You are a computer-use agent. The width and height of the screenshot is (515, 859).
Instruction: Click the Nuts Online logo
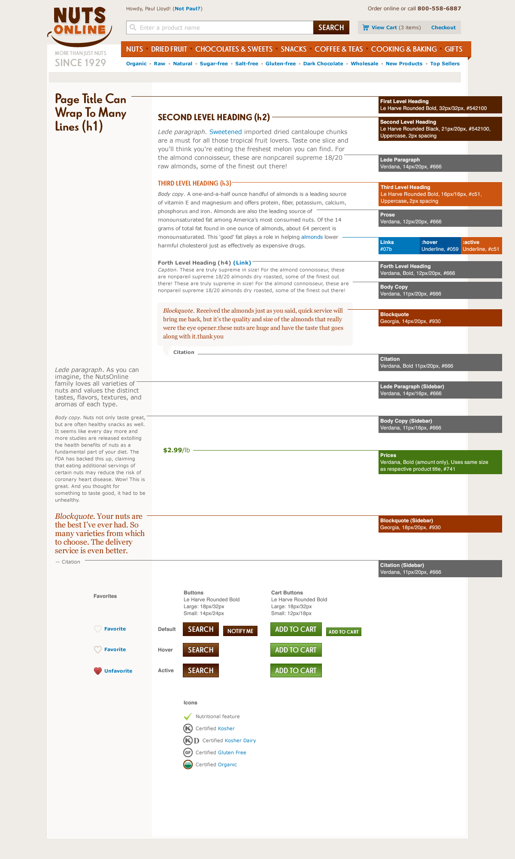tap(80, 26)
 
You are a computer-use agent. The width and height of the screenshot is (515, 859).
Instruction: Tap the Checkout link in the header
tap(443, 27)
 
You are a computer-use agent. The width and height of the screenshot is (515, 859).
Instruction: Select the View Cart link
tap(384, 27)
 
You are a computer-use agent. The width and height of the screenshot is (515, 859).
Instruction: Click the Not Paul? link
tap(188, 9)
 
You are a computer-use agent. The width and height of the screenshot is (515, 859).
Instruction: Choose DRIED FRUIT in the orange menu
tap(169, 49)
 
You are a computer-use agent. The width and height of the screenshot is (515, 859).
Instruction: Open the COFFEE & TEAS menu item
tap(339, 49)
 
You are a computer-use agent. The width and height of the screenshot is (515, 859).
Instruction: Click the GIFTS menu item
tap(453, 49)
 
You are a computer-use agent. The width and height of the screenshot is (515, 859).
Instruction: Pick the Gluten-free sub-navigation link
tap(281, 64)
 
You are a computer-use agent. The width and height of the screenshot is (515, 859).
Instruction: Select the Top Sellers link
tap(445, 64)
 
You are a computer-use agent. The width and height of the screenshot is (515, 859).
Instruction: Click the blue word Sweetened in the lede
tap(225, 132)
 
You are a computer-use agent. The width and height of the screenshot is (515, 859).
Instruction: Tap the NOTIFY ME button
tap(240, 631)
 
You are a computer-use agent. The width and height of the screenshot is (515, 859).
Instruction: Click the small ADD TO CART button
tap(343, 632)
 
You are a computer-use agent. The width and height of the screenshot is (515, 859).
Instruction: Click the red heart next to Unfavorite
tap(98, 671)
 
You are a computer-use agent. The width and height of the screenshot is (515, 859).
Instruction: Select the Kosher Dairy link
tap(240, 740)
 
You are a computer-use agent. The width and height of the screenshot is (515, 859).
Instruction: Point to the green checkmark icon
tap(188, 716)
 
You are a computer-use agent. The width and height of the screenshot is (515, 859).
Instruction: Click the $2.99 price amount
tap(173, 450)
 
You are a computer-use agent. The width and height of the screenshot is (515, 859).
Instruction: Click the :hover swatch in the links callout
tap(440, 246)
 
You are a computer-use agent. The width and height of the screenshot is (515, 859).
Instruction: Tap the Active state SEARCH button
tap(200, 670)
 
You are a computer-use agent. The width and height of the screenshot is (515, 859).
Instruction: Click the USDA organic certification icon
tap(188, 765)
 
